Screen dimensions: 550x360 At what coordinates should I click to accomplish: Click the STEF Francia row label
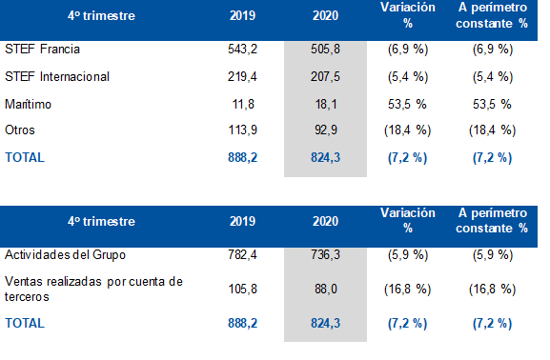pos(43,50)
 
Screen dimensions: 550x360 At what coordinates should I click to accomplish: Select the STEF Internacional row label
pos(57,77)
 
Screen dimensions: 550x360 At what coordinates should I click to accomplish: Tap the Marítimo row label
pos(28,104)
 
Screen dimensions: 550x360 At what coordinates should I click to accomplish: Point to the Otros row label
pos(20,130)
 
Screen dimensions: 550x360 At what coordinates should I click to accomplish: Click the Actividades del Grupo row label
pos(65,255)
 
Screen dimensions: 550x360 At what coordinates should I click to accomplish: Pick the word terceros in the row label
pos(27,297)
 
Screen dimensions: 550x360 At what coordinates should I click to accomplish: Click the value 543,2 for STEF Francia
pos(242,50)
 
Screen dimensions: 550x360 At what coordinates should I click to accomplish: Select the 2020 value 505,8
pos(325,50)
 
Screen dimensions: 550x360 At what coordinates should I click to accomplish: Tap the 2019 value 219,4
pos(242,77)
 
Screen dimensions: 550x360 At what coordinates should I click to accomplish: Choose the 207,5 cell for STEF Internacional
pos(325,77)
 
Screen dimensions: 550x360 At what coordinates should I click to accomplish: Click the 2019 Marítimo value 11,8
pos(243,104)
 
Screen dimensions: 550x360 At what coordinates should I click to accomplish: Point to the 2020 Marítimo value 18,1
pos(326,104)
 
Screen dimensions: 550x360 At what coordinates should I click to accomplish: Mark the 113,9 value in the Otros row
pos(242,130)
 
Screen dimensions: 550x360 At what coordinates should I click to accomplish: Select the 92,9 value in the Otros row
pos(326,130)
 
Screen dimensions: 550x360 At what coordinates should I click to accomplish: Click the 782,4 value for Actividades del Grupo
pos(242,255)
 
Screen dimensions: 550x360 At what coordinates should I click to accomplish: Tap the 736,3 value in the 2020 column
pos(325,255)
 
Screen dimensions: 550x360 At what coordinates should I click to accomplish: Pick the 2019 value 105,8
pos(242,290)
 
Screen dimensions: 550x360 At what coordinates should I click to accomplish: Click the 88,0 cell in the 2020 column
pos(326,290)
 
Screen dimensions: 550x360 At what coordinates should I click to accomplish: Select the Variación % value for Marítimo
pos(407,104)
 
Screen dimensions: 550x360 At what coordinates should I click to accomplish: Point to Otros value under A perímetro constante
pos(493,130)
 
